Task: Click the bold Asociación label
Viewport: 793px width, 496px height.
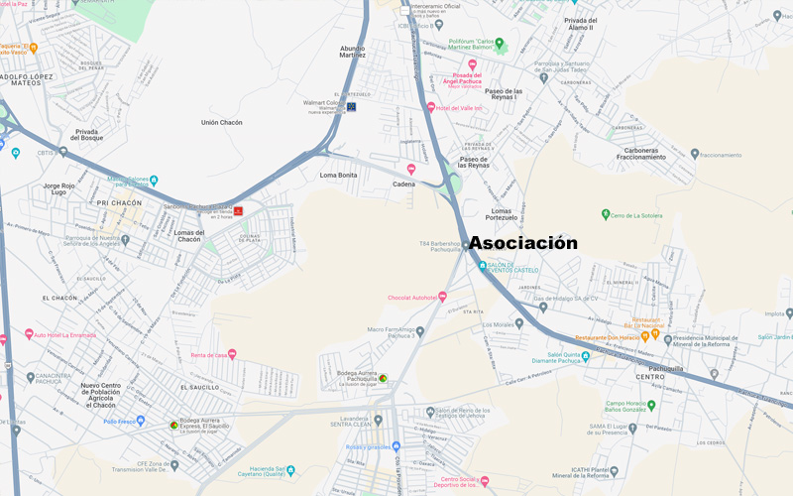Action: (522, 243)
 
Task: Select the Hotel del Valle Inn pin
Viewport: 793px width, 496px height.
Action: (431, 107)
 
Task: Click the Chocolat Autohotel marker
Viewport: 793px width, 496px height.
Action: (442, 296)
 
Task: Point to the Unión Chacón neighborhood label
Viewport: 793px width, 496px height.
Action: (222, 123)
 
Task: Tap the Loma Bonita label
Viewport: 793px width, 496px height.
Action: (338, 175)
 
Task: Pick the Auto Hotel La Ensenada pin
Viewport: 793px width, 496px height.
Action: (29, 334)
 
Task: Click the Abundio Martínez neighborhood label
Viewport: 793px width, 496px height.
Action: (353, 52)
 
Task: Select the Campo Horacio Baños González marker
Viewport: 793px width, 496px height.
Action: (651, 404)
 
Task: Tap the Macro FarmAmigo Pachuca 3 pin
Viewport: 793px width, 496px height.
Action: (420, 331)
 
